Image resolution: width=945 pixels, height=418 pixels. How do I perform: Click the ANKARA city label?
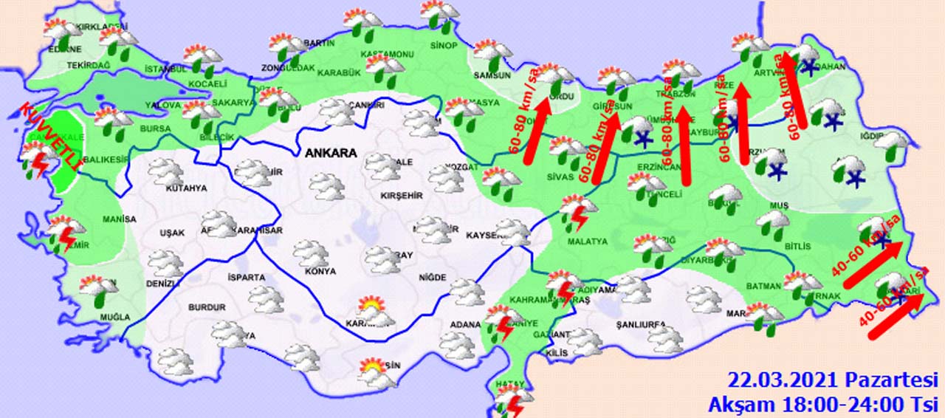pos(330,154)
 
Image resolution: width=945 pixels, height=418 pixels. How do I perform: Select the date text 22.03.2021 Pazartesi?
pos(832,381)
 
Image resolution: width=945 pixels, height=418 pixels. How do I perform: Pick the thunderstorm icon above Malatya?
pos(577,211)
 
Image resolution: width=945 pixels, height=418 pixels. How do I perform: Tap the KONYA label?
pos(320,271)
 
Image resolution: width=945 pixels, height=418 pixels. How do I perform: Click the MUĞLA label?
pos(114,318)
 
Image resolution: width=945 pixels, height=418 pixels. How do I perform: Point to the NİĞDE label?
pos(432,278)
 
